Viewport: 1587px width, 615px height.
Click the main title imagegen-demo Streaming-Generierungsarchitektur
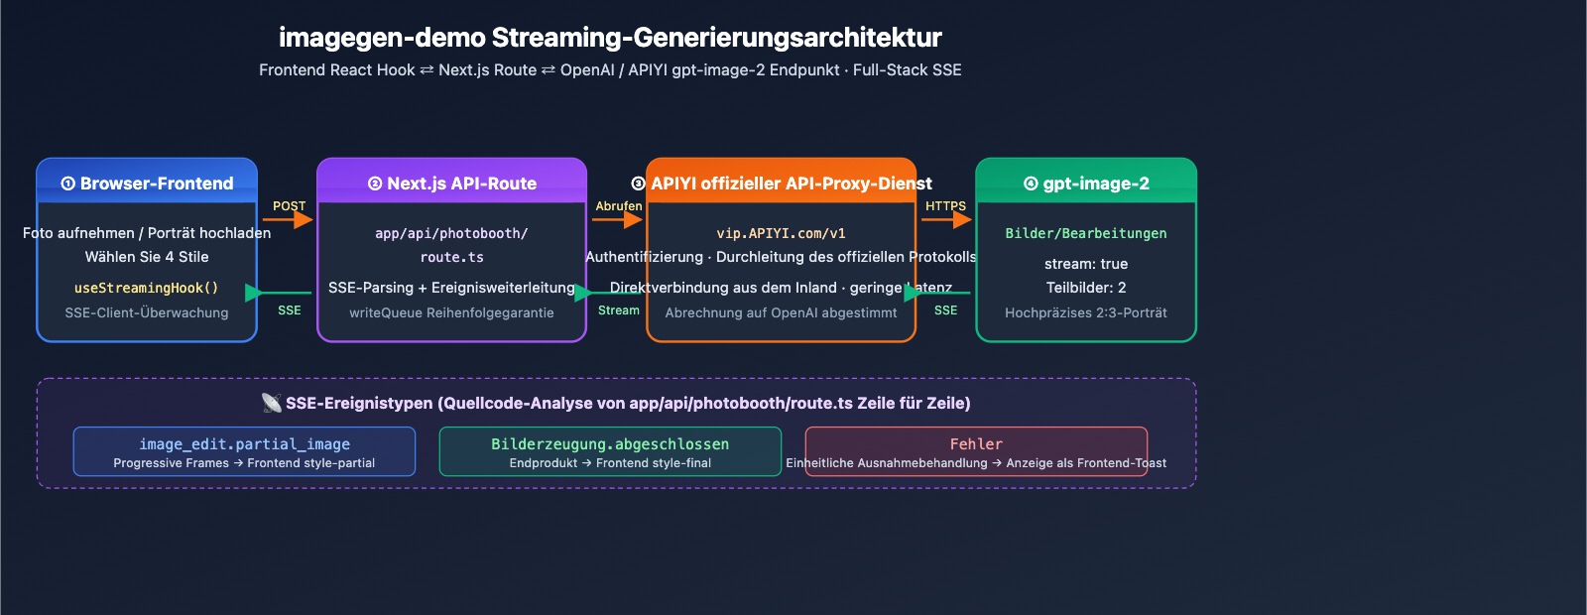click(610, 38)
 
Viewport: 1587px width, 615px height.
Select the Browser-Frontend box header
click(147, 184)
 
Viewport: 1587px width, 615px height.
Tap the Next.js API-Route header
click(452, 184)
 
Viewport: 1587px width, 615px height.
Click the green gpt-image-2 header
click(1086, 184)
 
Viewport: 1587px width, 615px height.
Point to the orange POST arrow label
click(289, 206)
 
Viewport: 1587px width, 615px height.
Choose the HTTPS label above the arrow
click(945, 206)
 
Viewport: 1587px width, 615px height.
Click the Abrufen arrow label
click(618, 206)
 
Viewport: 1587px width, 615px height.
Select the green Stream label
click(618, 310)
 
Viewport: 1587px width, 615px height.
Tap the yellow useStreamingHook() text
click(146, 288)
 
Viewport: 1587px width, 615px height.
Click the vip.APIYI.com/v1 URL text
click(781, 233)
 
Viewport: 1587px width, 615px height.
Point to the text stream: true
click(1086, 264)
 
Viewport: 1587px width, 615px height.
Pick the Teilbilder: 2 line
click(1086, 288)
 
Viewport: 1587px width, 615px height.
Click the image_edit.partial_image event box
click(244, 451)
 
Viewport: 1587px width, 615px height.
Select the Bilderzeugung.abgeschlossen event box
click(610, 451)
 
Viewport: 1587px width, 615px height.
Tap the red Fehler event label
click(976, 444)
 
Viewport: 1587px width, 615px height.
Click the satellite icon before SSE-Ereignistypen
click(271, 403)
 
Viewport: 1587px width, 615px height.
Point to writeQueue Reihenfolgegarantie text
click(451, 312)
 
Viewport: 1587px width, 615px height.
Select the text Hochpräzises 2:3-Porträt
click(1086, 312)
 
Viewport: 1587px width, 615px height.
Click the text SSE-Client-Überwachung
click(147, 312)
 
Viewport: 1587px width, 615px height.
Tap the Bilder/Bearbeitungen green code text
click(1086, 233)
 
